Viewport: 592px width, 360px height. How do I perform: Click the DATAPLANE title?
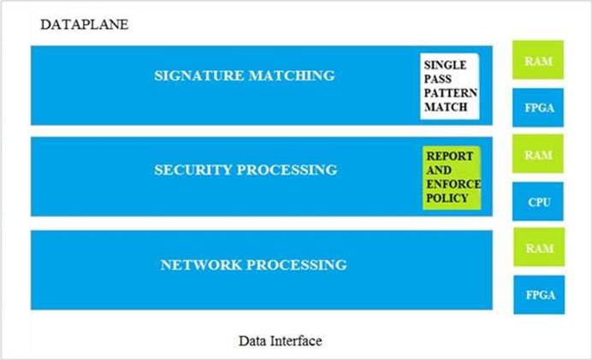[x=85, y=25]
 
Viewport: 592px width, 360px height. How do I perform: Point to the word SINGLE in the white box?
[x=447, y=64]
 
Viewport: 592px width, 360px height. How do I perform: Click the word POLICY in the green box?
[x=447, y=198]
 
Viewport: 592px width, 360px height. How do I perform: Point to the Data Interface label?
[x=280, y=341]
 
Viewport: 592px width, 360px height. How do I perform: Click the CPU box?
[x=539, y=203]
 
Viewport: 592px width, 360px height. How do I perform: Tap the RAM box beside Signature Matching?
[x=538, y=62]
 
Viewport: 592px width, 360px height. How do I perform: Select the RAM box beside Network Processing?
[x=538, y=248]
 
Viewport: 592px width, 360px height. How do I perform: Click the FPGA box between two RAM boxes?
[x=538, y=109]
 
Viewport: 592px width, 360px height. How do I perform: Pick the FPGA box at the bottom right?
[x=539, y=295]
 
